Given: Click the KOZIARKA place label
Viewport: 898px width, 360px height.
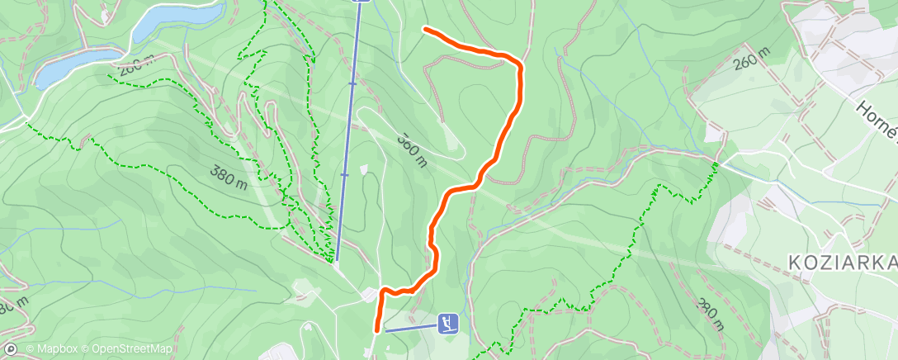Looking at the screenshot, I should pos(842,263).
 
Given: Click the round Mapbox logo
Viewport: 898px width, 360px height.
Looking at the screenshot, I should pos(12,350).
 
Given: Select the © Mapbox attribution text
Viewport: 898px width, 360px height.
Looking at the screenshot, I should pos(52,350).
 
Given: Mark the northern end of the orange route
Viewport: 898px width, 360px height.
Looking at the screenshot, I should pos(425,30).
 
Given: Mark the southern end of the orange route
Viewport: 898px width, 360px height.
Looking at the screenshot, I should pos(377,330).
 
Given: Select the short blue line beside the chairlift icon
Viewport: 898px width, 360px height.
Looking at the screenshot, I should pos(410,328).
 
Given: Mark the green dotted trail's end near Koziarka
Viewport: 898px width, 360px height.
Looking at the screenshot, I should pos(716,164).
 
